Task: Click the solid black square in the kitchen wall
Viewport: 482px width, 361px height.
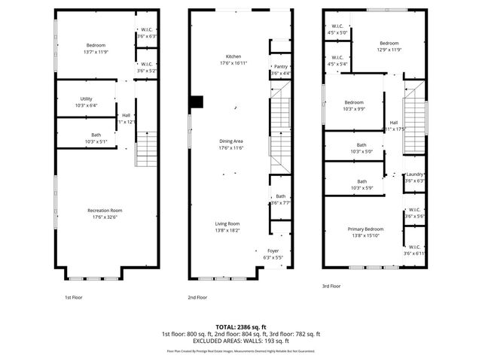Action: coord(197,102)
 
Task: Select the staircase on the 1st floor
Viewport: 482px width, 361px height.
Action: coord(145,150)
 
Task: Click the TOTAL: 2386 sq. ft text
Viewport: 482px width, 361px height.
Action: coord(240,327)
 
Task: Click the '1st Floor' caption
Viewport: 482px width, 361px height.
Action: coord(73,297)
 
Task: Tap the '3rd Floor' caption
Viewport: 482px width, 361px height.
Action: coord(331,286)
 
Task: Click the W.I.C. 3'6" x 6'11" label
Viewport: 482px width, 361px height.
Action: coord(414,250)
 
